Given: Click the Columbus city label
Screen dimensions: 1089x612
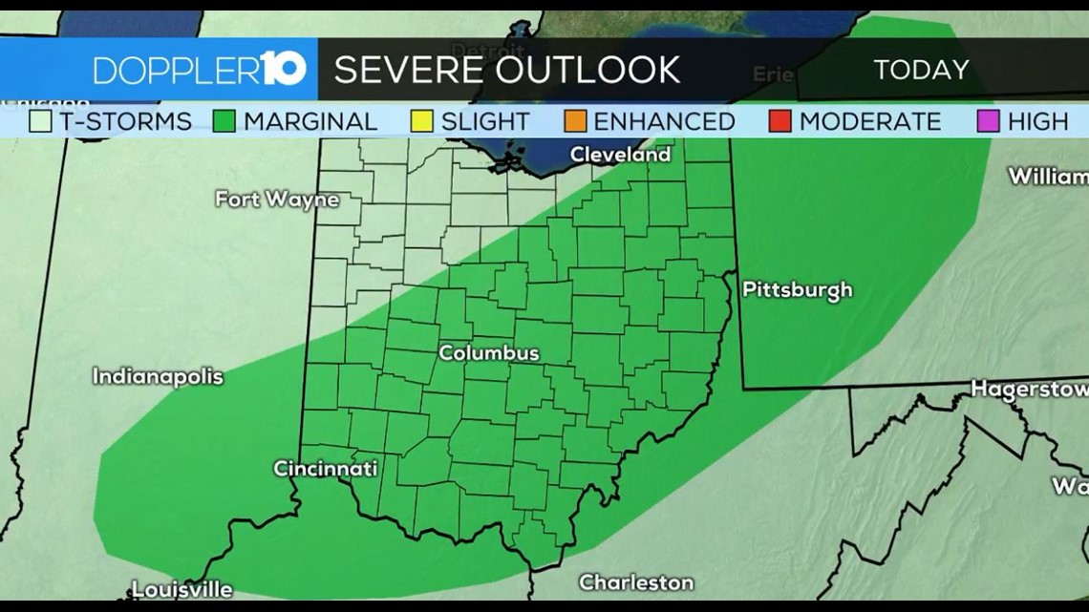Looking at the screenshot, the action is tap(489, 353).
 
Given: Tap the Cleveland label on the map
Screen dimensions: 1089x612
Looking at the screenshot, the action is tap(620, 154).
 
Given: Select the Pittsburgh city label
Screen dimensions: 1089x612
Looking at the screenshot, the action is tap(797, 290).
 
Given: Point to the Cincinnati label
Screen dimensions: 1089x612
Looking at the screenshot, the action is tap(325, 469).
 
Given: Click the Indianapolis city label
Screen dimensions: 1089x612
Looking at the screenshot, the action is tap(158, 376).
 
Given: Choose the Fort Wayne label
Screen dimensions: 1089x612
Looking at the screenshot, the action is tap(277, 200).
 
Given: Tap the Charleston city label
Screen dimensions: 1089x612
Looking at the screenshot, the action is tap(636, 582).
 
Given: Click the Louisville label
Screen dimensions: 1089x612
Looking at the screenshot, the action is tap(181, 588).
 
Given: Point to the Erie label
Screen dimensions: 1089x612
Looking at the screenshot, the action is tap(773, 74).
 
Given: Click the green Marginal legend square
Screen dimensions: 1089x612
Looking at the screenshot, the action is tap(225, 121).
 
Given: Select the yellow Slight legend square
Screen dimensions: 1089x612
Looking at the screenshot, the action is tap(421, 121).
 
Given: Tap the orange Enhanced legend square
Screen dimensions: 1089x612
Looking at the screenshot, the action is tap(575, 121).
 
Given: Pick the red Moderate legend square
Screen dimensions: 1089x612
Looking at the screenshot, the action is tap(779, 121).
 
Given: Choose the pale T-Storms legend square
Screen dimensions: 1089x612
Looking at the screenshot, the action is tap(40, 121).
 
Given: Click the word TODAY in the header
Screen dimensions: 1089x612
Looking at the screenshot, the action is tap(921, 70).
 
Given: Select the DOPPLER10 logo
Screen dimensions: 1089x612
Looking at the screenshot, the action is tap(200, 70).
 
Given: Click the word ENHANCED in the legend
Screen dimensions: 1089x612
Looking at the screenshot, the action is tap(664, 121).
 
